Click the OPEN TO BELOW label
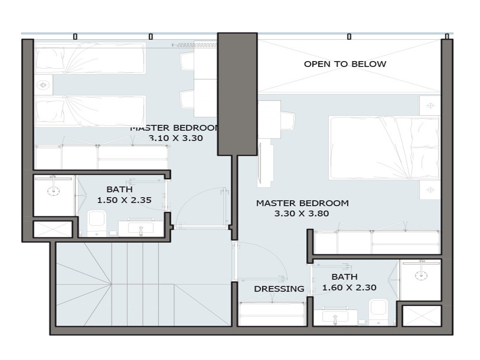click(345, 64)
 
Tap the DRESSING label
click(279, 289)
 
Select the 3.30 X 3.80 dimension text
click(302, 213)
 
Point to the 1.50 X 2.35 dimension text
click(124, 200)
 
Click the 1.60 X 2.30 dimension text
click(349, 288)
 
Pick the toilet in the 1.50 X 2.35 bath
click(96, 224)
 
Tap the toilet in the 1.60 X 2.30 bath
click(378, 312)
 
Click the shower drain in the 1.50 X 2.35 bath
click(53, 191)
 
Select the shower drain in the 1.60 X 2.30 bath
click(421, 276)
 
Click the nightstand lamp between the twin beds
click(43, 85)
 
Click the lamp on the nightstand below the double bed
click(430, 190)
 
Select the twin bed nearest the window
click(90, 58)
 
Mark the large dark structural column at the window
click(237, 94)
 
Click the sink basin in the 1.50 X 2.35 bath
click(141, 228)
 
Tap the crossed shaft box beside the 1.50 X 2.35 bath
click(53, 229)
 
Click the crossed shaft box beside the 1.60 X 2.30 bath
click(422, 316)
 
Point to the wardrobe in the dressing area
click(272, 314)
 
